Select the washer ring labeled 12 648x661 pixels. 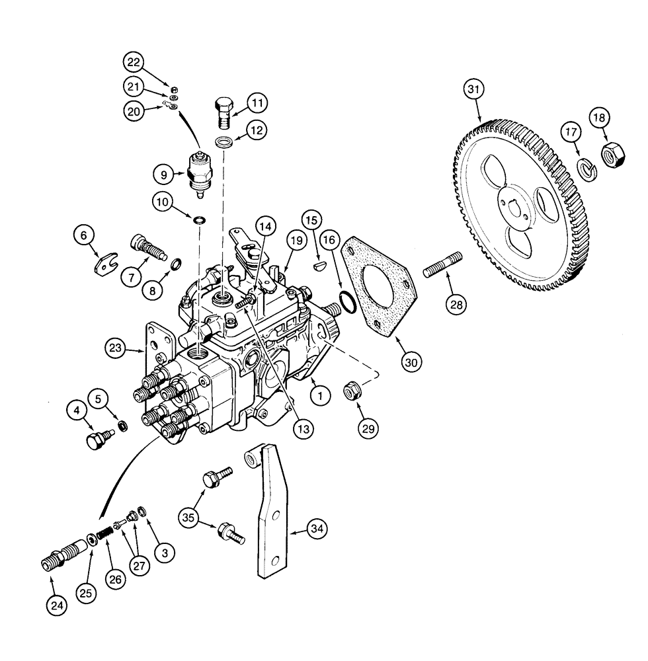click(x=223, y=142)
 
